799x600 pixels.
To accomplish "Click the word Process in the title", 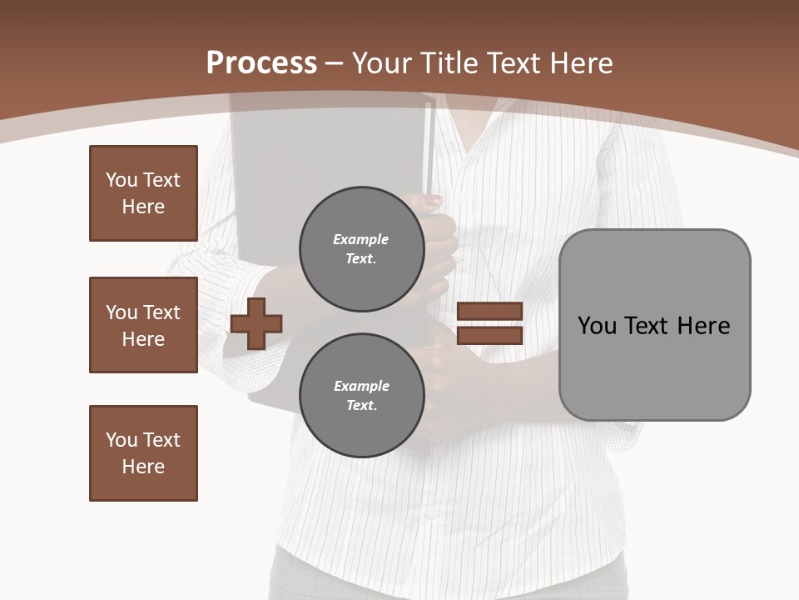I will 261,63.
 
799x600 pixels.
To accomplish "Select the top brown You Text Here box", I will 143,193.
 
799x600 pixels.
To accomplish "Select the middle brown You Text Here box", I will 143,325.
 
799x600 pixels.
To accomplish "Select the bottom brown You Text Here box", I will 143,453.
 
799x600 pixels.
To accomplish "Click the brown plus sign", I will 256,323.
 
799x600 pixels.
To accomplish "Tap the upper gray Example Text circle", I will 361,249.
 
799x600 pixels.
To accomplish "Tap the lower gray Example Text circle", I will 361,396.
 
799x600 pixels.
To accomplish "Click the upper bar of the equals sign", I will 489,312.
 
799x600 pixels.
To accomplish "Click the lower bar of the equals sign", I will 489,336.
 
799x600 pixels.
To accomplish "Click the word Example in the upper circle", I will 361,239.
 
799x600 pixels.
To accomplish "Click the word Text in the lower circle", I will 361,406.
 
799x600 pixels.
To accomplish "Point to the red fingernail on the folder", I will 434,201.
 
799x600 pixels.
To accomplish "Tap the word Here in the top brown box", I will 143,207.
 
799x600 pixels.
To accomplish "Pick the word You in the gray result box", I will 596,326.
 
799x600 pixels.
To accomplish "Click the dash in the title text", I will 335,63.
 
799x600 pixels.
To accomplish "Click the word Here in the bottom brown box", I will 143,467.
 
